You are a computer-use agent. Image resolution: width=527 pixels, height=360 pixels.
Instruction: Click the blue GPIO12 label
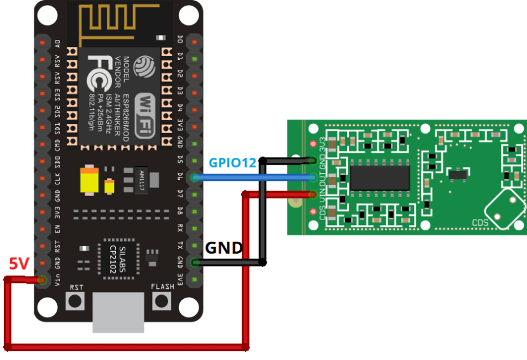point(232,163)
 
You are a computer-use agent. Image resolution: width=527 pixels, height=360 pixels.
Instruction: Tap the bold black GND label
point(223,248)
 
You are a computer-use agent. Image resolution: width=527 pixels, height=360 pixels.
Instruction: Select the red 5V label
point(18,263)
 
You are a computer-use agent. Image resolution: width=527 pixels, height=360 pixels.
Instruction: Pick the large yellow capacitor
point(89,180)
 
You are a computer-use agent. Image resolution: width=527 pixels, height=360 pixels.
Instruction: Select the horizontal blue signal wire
point(255,178)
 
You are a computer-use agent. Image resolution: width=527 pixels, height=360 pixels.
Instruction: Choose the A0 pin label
point(57,43)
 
